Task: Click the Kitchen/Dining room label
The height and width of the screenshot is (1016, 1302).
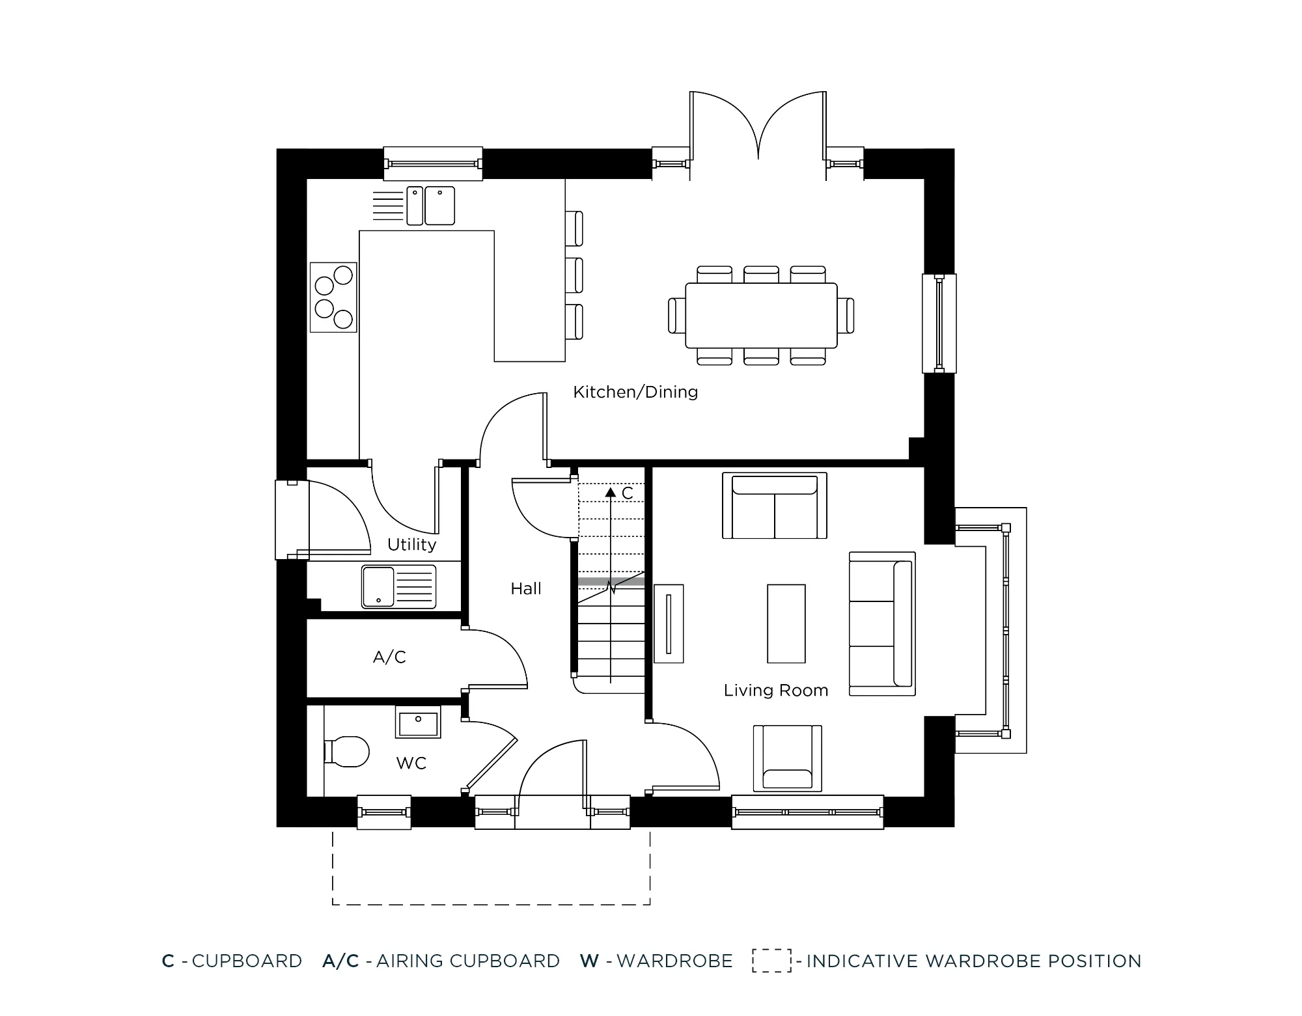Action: coord(635,392)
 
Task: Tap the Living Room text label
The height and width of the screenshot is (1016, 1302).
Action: coord(775,690)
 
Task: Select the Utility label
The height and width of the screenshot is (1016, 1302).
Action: coord(411,544)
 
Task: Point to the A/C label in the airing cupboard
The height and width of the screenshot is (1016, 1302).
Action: coord(389,657)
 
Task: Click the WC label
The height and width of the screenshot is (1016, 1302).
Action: coord(411,763)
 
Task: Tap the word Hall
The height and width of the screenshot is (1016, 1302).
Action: coord(525,588)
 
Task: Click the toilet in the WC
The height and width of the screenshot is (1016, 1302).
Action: coord(348,752)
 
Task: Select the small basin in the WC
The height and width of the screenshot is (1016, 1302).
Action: coord(418,722)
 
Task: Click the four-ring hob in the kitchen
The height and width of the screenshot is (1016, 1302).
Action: coord(333,297)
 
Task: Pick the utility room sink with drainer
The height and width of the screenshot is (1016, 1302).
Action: coord(398,587)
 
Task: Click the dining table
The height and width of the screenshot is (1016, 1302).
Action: coord(761,316)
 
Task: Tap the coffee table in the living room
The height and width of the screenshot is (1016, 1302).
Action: coord(786,624)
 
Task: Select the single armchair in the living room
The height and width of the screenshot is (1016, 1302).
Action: coord(787,758)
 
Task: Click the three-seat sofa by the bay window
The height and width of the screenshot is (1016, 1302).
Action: coord(882,624)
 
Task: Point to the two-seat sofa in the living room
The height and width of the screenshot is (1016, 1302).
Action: coord(774,506)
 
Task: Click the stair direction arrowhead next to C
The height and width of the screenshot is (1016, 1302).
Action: coord(610,493)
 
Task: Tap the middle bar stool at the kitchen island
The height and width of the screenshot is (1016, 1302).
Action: coord(574,275)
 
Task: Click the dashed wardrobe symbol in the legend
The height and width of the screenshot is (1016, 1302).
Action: coord(771,961)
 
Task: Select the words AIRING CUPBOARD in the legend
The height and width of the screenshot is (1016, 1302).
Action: coord(467,961)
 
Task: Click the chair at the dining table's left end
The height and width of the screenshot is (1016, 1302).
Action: coord(677,316)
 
